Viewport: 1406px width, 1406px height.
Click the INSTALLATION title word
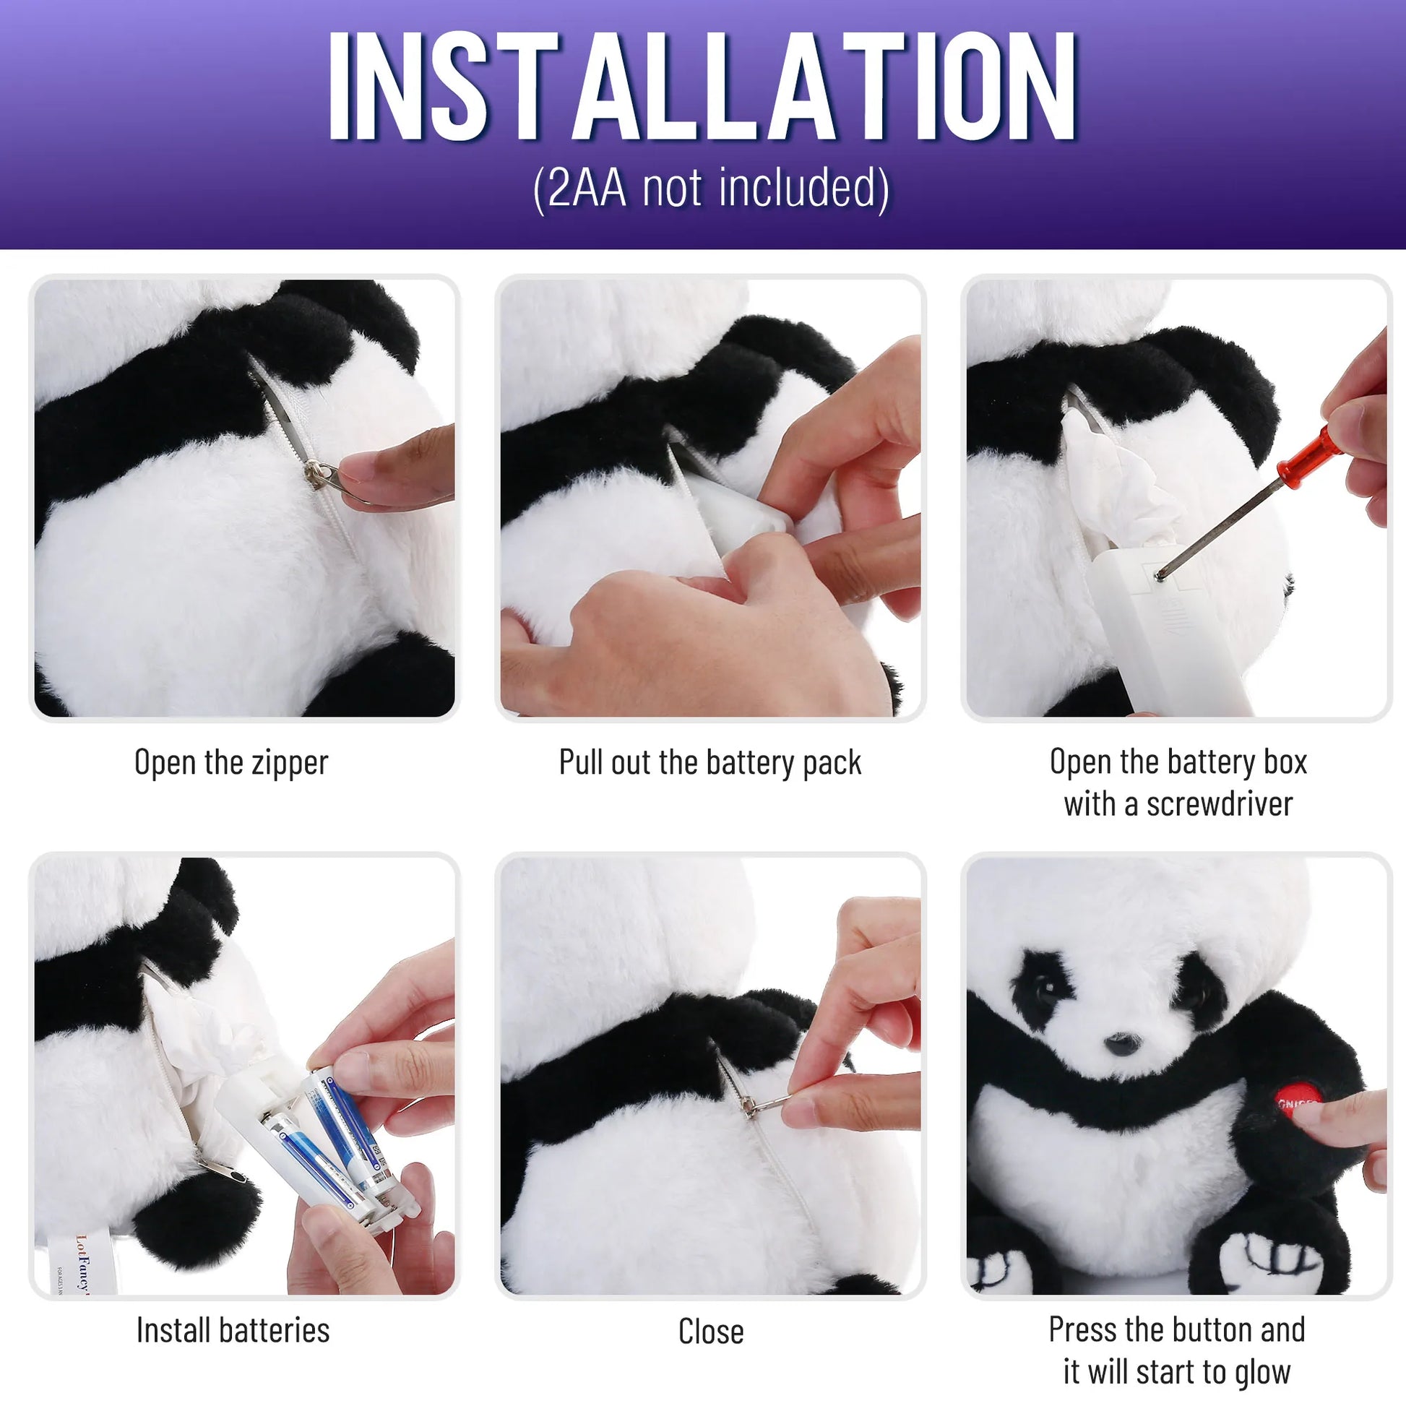pos(702,87)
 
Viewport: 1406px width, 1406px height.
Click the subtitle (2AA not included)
pos(711,189)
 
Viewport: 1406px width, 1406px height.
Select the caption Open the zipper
pos(231,763)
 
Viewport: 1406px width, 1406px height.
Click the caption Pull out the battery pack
pos(710,763)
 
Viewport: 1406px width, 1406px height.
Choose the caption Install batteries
pos(233,1330)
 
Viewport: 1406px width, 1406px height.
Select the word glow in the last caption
pos(1263,1372)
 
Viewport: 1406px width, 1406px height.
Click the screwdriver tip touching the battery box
pos(1160,575)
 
